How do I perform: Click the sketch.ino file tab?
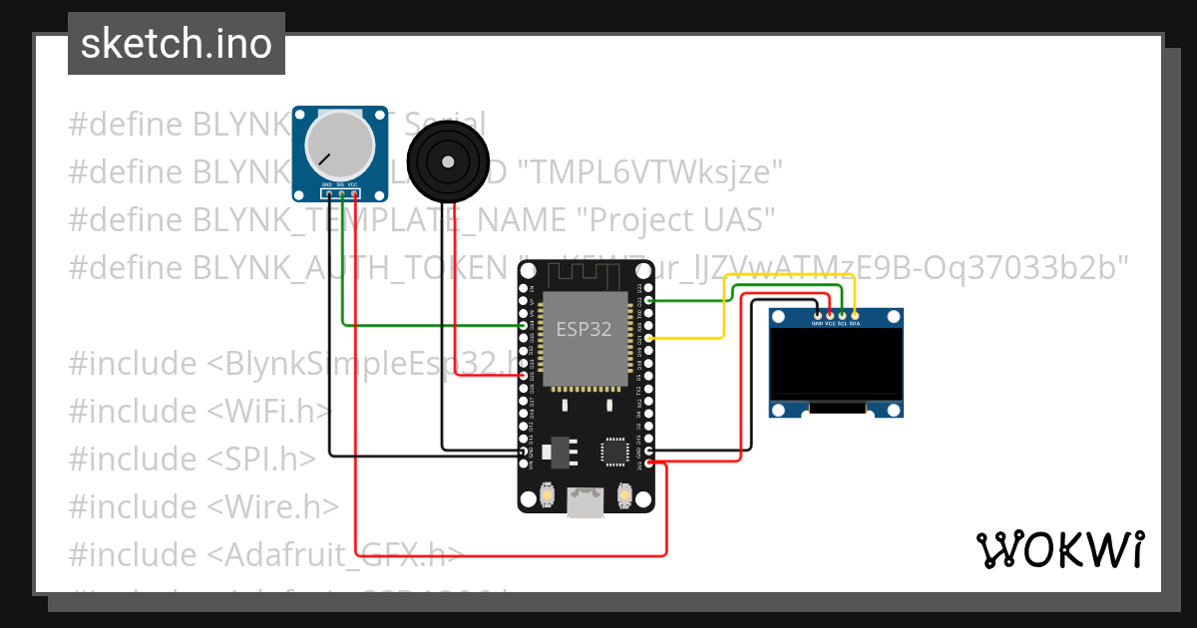pos(176,44)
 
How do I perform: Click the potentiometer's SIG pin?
pos(341,193)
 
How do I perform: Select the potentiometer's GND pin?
pos(328,193)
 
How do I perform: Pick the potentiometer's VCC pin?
pos(354,193)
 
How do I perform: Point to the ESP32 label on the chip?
pos(584,330)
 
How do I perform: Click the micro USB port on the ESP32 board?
pos(586,502)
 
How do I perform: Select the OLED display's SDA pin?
pos(855,315)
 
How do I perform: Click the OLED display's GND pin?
pos(817,315)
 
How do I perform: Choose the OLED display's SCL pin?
pos(842,315)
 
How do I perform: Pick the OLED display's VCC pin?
pos(830,315)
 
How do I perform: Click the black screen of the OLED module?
pos(836,367)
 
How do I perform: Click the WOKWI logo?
pos(1059,549)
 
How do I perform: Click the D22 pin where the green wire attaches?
pos(649,300)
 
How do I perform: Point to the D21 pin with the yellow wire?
pos(649,339)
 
